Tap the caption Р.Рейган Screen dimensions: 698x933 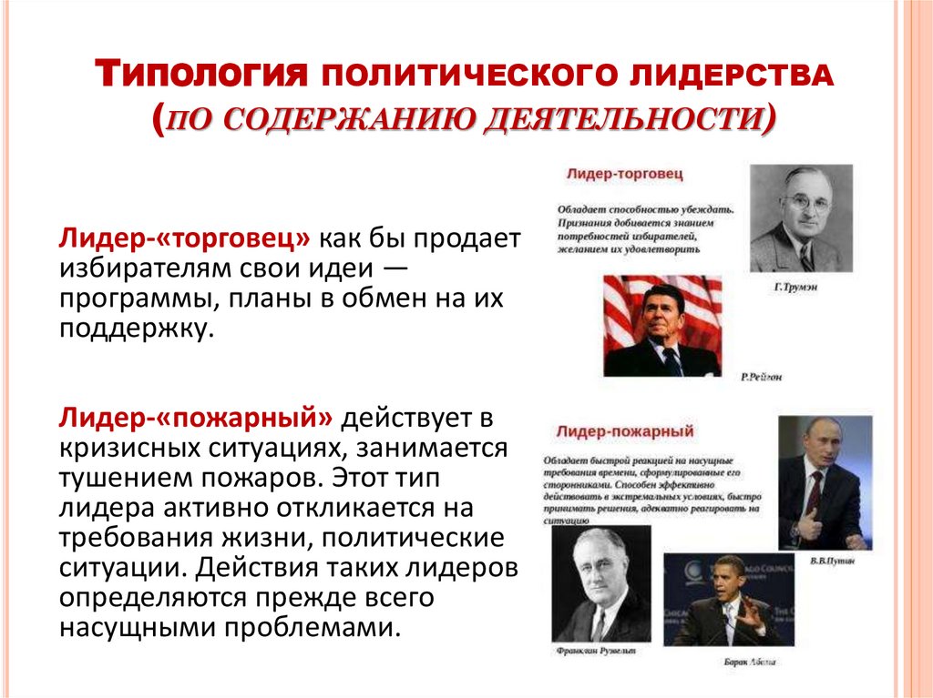click(762, 376)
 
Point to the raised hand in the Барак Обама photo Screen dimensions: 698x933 click(751, 610)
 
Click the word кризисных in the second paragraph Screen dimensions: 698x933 click(121, 449)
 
